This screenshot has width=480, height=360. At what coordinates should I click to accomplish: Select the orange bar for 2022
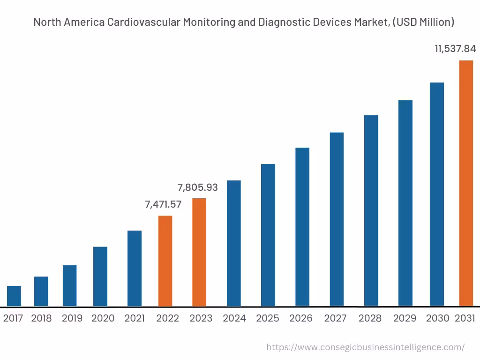165,261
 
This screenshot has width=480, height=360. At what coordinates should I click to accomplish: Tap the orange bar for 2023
199,252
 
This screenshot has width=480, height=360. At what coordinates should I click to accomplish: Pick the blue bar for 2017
14,296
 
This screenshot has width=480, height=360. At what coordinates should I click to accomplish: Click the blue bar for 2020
100,277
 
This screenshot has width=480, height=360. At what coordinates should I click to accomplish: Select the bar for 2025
268,235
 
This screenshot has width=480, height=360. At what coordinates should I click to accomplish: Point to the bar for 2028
371,210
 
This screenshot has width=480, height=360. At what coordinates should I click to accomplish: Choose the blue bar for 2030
437,194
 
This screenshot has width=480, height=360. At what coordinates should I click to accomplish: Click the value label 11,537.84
455,49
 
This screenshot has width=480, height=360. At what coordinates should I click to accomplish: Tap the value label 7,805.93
197,187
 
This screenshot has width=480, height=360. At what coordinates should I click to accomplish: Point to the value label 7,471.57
163,204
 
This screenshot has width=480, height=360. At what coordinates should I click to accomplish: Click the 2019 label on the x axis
72,318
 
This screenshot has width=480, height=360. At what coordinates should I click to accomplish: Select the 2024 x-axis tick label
234,318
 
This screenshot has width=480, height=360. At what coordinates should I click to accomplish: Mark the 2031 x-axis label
465,318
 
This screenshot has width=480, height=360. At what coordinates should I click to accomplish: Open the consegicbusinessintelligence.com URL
366,347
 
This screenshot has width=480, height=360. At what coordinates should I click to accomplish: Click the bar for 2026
302,227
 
